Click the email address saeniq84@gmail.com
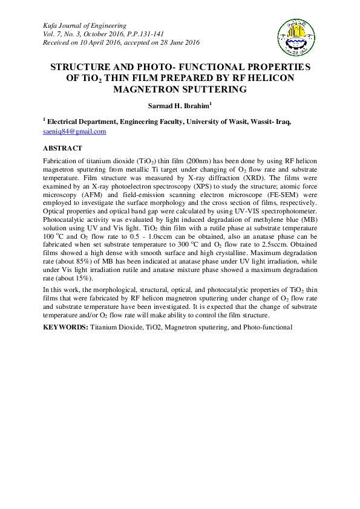pyautogui.click(x=74, y=131)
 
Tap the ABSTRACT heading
pyautogui.click(x=62, y=148)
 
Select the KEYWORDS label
pyautogui.click(x=65, y=327)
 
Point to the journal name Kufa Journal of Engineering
pyautogui.click(x=84, y=25)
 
